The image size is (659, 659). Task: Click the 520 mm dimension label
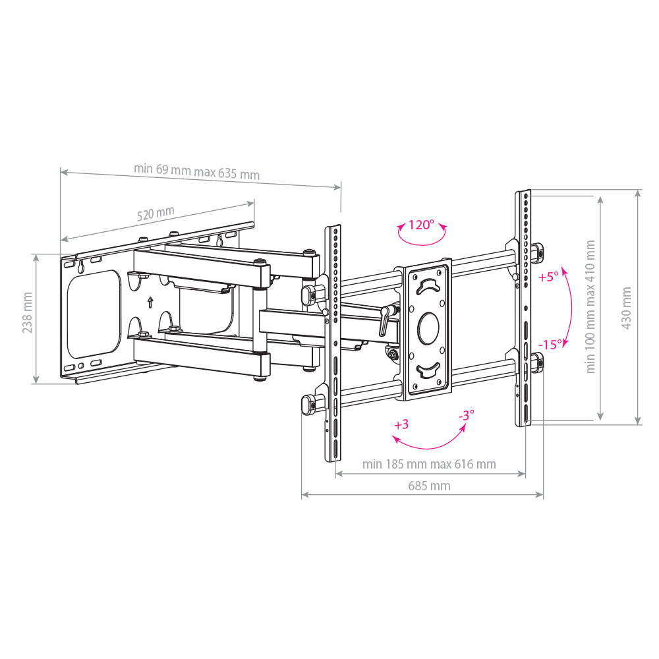pyautogui.click(x=156, y=214)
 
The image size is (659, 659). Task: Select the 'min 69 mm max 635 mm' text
pyautogui.click(x=196, y=171)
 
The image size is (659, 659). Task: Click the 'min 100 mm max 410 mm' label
pyautogui.click(x=590, y=306)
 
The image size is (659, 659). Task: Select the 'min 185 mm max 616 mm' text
pyautogui.click(x=429, y=464)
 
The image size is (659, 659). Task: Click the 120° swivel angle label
pyautogui.click(x=420, y=225)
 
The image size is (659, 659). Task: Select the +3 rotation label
pyautogui.click(x=401, y=424)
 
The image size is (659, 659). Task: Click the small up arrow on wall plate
pyautogui.click(x=150, y=302)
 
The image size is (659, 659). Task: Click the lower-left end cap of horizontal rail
pyautogui.click(x=308, y=404)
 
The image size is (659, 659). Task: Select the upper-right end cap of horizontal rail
pyautogui.click(x=537, y=250)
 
